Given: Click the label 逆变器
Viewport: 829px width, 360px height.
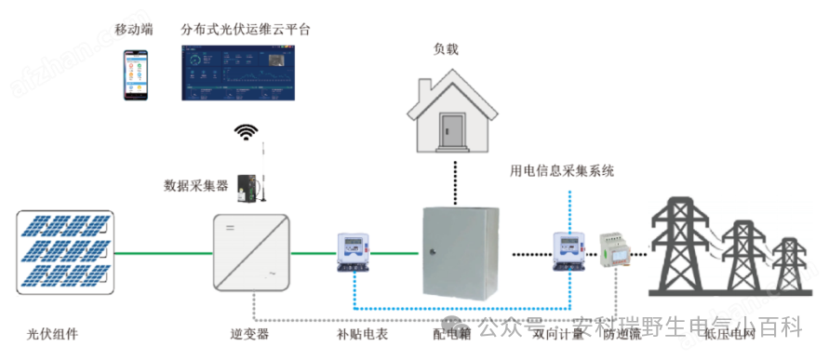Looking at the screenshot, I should tap(249, 332).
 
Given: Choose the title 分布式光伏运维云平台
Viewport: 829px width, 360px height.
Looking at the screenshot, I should tap(246, 30).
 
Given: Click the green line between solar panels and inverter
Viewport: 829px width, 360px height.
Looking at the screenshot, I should tap(163, 252).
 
